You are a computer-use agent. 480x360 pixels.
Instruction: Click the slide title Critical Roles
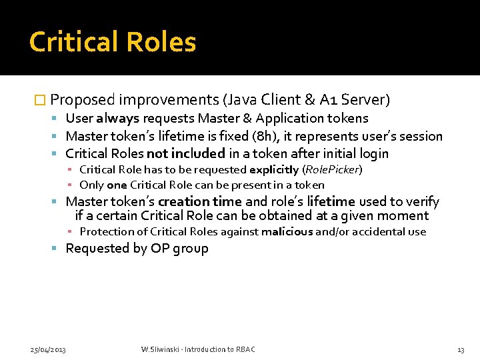[113, 42]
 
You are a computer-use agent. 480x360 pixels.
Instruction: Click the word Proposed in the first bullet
[83, 100]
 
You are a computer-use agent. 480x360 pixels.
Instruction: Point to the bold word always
[117, 119]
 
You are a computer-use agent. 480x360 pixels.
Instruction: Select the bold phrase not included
[185, 153]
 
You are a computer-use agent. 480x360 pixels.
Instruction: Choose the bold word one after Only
[117, 185]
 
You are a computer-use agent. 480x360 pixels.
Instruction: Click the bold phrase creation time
[199, 201]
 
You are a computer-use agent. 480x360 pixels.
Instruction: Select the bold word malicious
[287, 232]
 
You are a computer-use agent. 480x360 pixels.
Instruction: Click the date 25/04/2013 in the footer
[49, 349]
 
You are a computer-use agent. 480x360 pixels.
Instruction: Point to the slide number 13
[461, 349]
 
